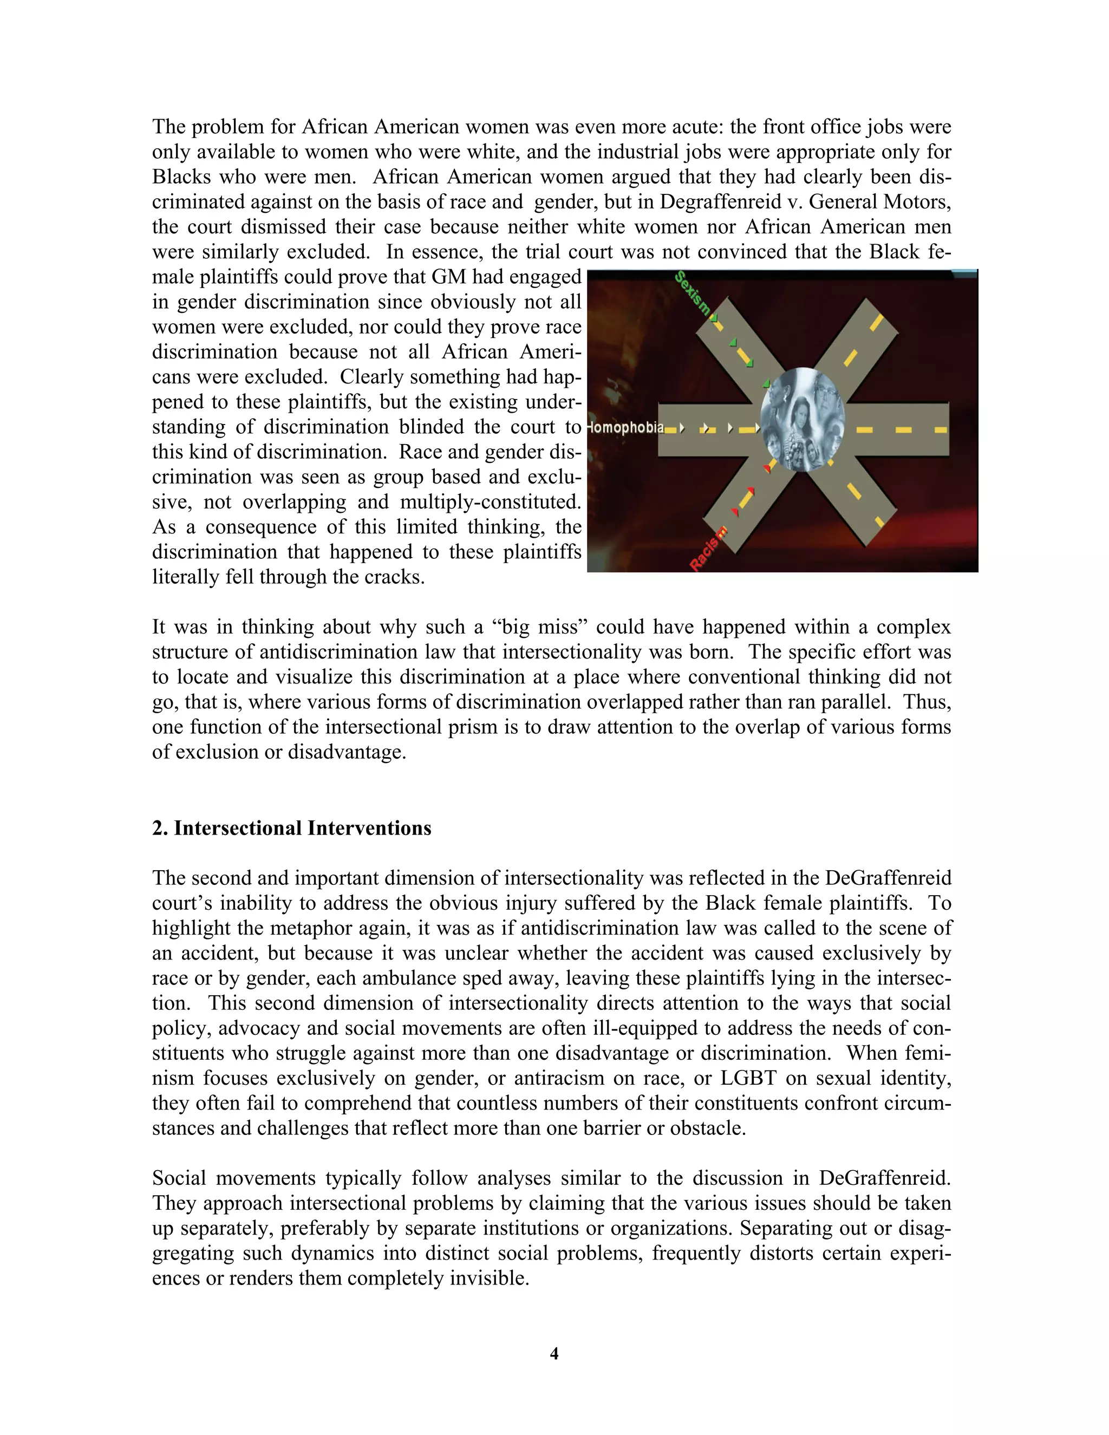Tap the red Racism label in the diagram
click(x=708, y=549)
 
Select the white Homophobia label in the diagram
click(x=626, y=428)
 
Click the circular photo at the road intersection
click(x=802, y=420)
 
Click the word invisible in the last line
click(x=488, y=1279)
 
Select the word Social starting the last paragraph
click(x=178, y=1178)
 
